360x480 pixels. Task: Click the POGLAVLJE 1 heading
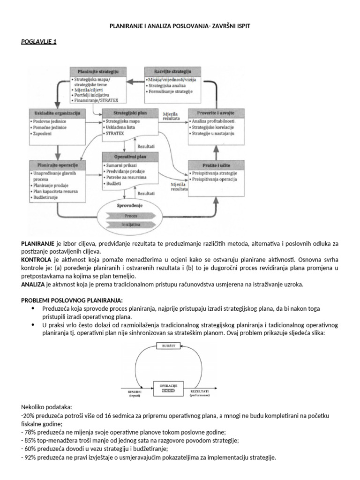coord(39,42)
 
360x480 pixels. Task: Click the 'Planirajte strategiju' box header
coord(98,72)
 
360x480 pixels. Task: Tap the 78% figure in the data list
coord(30,432)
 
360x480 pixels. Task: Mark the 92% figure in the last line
coord(30,457)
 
